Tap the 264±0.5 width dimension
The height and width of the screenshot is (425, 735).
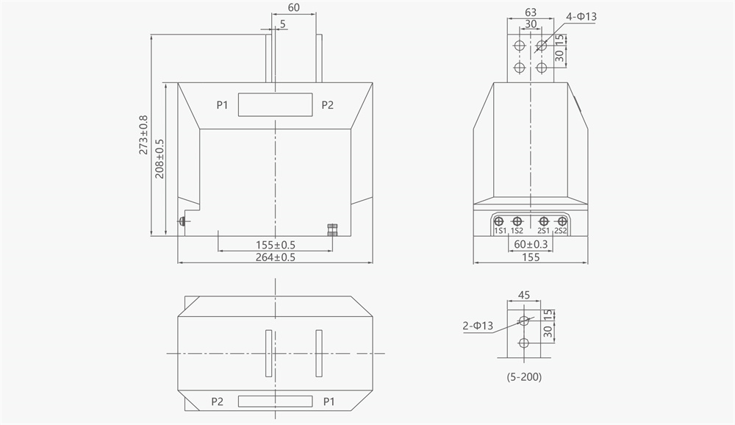(275, 257)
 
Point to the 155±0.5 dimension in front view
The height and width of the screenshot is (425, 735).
(276, 245)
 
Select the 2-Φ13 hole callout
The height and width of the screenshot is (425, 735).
(478, 325)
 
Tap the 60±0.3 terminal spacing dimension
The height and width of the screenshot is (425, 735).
(531, 244)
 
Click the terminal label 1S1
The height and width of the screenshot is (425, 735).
(500, 232)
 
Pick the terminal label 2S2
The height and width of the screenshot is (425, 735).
(561, 232)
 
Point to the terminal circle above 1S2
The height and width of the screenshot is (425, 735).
(517, 221)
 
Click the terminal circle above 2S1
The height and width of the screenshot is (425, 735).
(544, 221)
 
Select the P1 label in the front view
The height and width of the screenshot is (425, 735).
(223, 105)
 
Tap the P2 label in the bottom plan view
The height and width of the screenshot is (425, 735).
(217, 401)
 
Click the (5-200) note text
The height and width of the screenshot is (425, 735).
(524, 376)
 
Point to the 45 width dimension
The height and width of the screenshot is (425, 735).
(524, 295)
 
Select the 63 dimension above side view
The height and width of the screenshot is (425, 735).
(531, 12)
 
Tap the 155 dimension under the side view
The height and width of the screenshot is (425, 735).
(531, 257)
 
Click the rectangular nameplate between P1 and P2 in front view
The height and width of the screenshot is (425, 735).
(275, 105)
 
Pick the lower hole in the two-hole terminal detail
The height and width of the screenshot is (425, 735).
(524, 343)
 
